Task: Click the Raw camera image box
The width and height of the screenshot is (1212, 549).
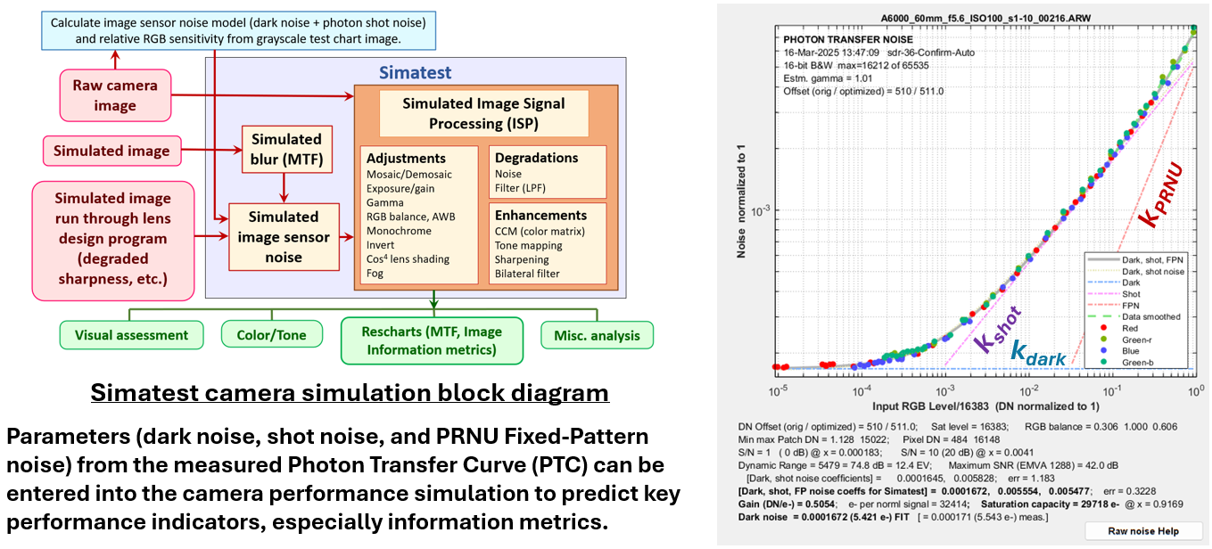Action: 116,95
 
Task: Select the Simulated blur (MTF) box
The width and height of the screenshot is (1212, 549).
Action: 285,149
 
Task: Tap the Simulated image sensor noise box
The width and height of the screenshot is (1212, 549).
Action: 284,237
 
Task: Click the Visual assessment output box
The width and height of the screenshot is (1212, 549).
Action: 131,335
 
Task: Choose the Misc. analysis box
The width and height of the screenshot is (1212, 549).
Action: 596,335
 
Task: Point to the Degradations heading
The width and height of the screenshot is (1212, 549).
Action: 536,158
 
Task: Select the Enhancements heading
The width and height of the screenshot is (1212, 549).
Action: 540,215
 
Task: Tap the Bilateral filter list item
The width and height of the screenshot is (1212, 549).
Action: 527,274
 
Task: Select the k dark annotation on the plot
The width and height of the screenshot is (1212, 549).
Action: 1038,354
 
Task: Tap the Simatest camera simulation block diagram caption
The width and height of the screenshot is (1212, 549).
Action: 350,393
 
